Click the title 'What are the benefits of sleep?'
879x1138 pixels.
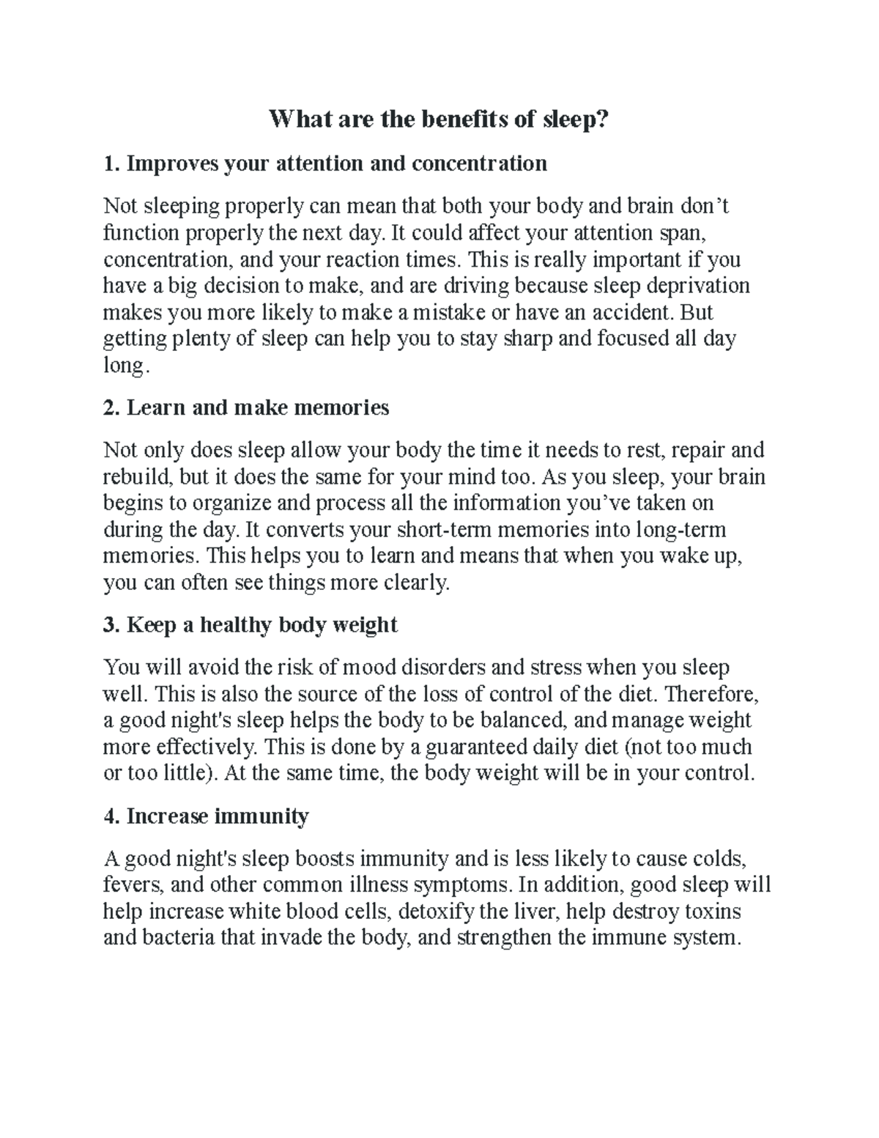[439, 119]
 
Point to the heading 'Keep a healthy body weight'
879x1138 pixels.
[251, 625]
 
